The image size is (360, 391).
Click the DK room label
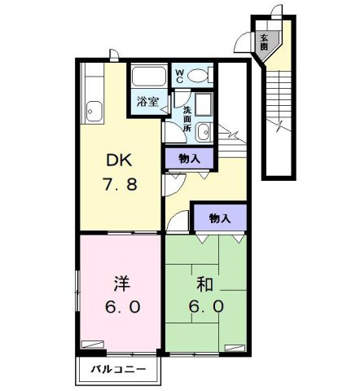tap(120, 160)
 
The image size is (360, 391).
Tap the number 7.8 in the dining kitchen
tap(120, 183)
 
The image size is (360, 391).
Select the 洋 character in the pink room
tap(121, 284)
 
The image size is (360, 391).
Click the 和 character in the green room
tap(204, 284)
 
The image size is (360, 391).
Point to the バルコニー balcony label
tap(120, 370)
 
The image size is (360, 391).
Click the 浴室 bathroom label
tap(147, 102)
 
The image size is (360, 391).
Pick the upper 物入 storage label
tap(190, 158)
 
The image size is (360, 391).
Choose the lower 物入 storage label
tap(219, 217)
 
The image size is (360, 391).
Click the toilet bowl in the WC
tap(198, 76)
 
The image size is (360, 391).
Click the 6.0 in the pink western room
tap(121, 308)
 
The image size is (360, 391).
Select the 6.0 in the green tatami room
tap(204, 308)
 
